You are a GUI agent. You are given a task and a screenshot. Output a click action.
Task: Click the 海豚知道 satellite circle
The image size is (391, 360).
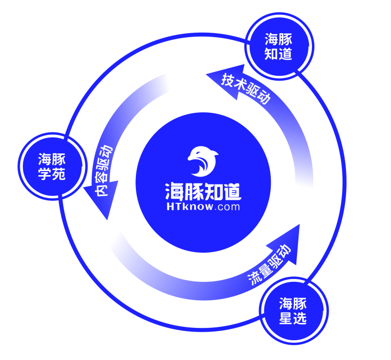(279, 46)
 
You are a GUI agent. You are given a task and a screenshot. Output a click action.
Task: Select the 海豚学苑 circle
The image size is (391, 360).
(52, 167)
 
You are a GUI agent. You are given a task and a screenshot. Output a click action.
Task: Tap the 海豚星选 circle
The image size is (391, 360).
(294, 311)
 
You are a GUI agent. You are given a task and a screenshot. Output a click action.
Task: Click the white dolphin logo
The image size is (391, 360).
(203, 161)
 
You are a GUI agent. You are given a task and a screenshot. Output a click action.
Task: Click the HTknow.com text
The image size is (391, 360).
(203, 207)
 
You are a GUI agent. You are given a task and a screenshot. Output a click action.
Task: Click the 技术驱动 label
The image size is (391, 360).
(246, 89)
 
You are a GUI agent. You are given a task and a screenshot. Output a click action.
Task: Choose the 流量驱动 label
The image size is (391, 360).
(269, 265)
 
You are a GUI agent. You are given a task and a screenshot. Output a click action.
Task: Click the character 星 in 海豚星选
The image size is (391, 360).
(286, 318)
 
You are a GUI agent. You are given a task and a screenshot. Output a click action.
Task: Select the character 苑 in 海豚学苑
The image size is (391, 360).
(59, 174)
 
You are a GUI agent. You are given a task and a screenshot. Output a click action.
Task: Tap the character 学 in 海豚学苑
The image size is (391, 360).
(45, 174)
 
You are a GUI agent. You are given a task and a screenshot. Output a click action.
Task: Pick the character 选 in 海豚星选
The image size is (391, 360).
(300, 318)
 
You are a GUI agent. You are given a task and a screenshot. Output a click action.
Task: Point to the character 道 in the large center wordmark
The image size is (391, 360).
(233, 191)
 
